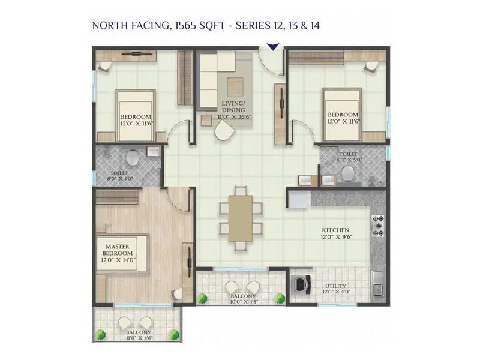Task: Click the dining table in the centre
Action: pos(241,218)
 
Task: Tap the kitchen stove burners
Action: pos(378,226)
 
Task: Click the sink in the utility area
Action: pos(377,284)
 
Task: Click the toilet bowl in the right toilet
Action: pos(347,173)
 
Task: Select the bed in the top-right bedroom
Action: pos(342,112)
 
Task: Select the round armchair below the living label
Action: pos(226,134)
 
